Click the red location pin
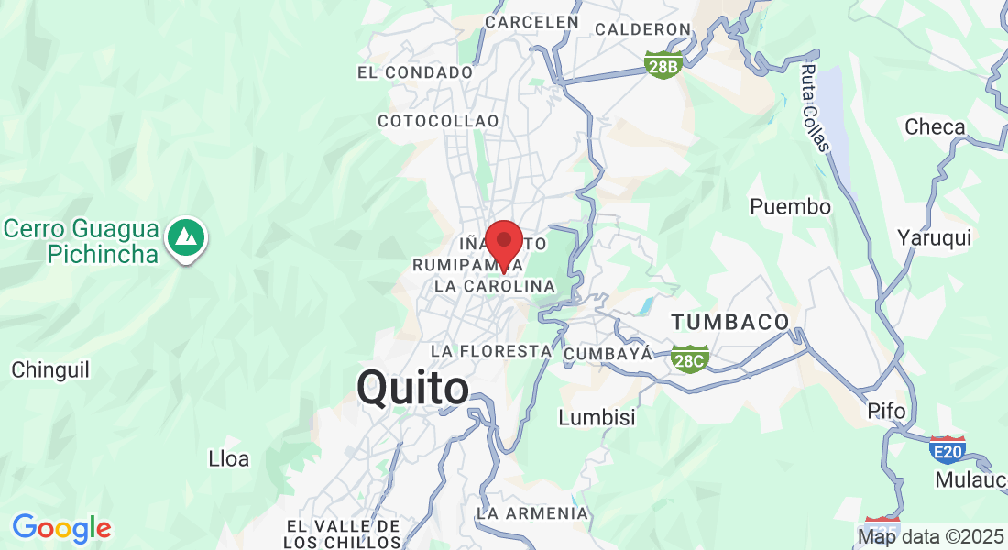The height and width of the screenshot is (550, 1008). [503, 243]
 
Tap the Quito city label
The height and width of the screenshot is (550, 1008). [412, 388]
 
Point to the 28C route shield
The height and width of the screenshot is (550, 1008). [687, 358]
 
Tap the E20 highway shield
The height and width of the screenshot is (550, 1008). [947, 448]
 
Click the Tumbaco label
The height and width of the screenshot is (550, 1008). [730, 322]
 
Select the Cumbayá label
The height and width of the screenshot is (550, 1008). [608, 353]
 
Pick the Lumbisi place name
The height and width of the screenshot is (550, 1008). [597, 417]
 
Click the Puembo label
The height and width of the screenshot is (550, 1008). [790, 207]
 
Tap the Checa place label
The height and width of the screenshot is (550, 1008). [935, 127]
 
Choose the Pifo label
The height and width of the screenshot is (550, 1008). [886, 412]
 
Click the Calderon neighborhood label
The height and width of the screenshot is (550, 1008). [641, 29]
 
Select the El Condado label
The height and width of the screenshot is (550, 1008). [415, 71]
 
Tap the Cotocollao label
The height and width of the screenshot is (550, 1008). [438, 121]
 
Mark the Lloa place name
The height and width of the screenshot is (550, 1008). [229, 458]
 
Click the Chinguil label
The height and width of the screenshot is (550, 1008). [50, 370]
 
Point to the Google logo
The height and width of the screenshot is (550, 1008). [61, 528]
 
